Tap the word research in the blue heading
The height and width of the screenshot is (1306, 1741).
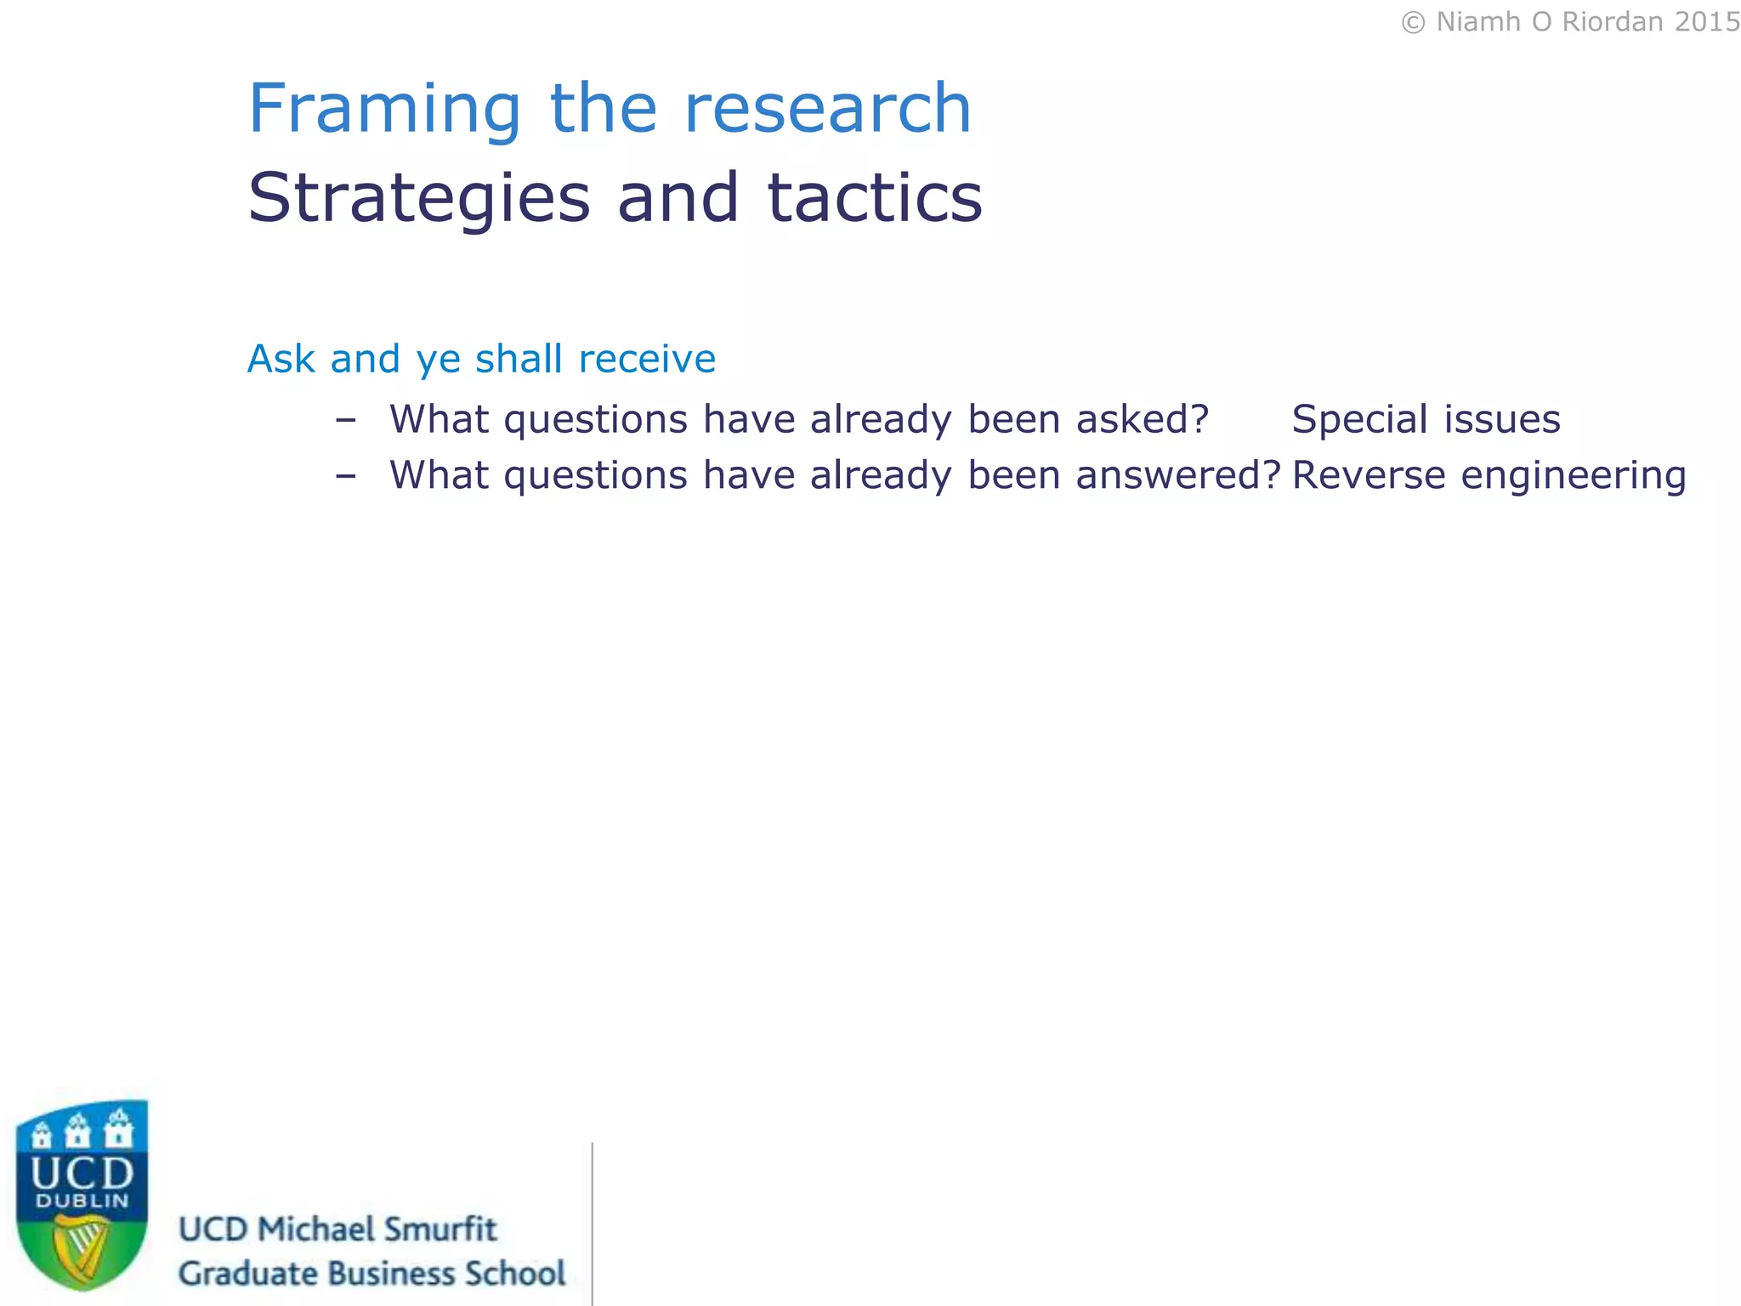827,109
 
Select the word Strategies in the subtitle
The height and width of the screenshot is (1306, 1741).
418,199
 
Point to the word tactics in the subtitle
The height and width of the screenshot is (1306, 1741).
875,198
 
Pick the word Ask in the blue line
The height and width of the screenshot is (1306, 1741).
281,359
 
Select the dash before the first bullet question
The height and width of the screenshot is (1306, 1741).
345,420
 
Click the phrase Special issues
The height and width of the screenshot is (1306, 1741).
1426,419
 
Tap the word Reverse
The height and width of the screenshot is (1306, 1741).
1369,474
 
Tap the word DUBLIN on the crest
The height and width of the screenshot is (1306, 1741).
82,1201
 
